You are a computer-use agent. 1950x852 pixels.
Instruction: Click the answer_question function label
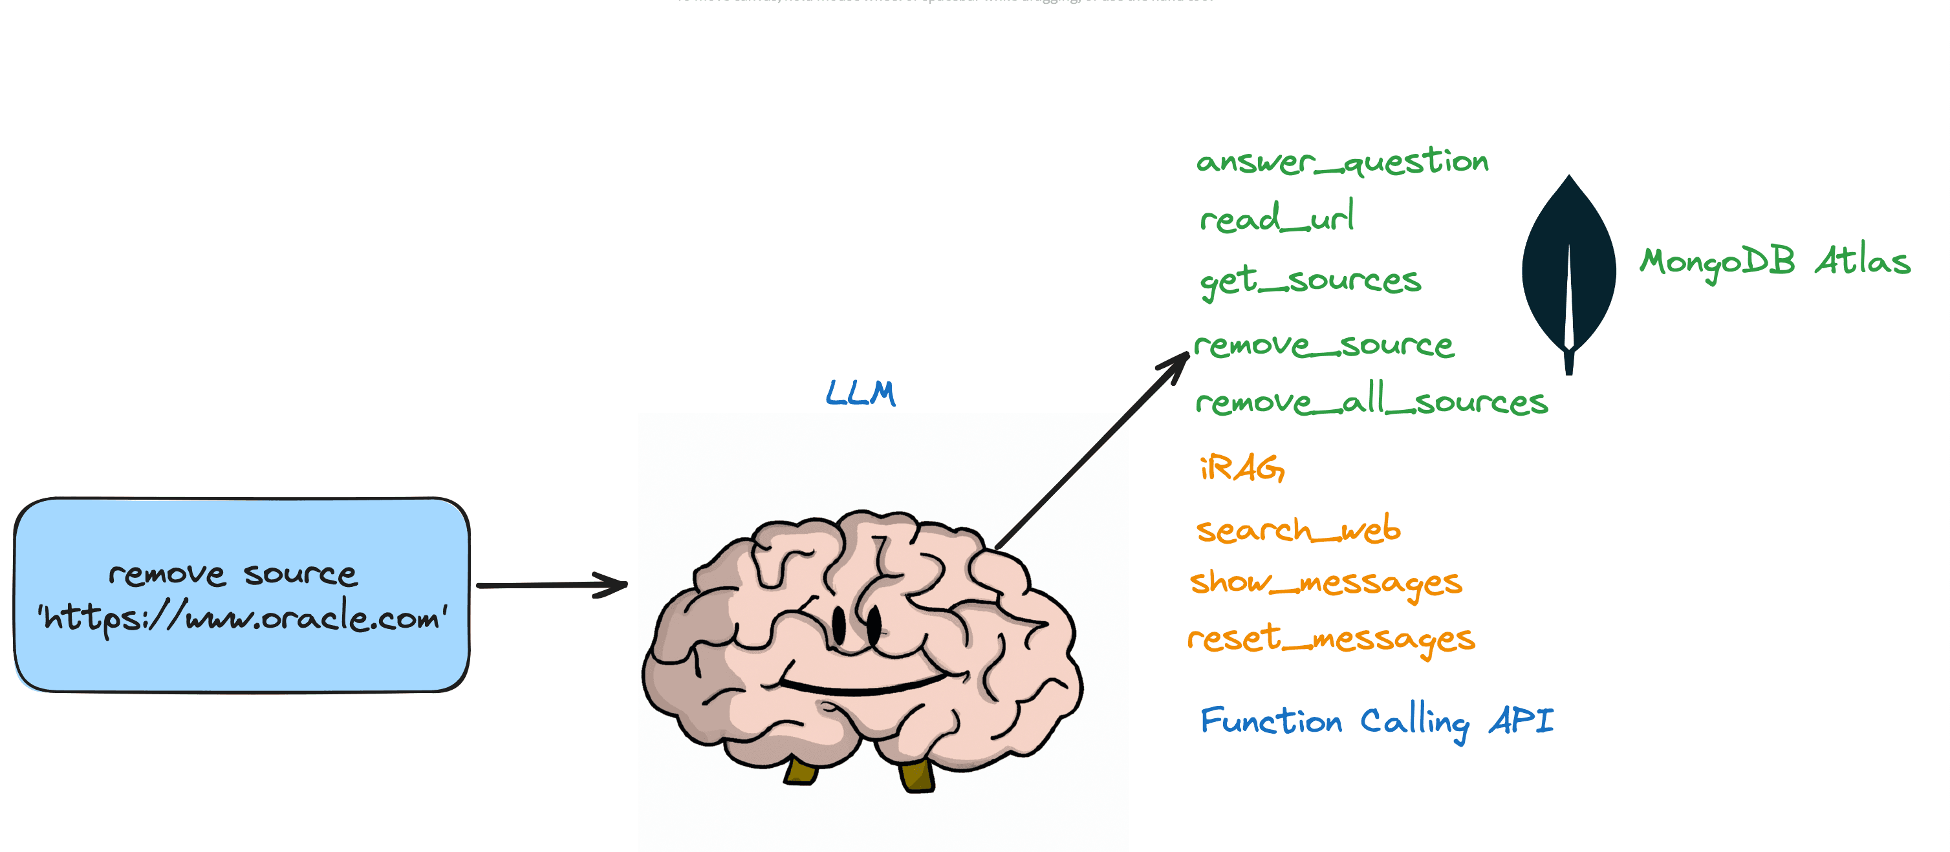coord(1341,162)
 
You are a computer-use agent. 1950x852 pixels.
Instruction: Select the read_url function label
coord(1277,218)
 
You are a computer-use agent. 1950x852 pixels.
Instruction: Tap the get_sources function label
coord(1310,281)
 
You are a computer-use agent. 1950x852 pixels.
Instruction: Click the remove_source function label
coord(1323,346)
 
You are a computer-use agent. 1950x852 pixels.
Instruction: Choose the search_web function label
coord(1298,529)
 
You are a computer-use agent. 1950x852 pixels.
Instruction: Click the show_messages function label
coord(1325,582)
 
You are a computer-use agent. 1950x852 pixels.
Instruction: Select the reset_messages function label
coord(1331,639)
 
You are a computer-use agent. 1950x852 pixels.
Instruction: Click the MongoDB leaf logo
coord(1568,272)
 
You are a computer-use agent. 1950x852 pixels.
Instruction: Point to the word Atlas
coord(1862,261)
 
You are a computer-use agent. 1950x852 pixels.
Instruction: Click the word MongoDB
coord(1717,263)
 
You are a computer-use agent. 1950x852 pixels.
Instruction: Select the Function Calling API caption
coord(1376,721)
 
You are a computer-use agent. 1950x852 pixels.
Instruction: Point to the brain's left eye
coord(839,625)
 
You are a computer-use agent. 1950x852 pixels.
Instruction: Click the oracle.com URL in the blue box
coord(243,617)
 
